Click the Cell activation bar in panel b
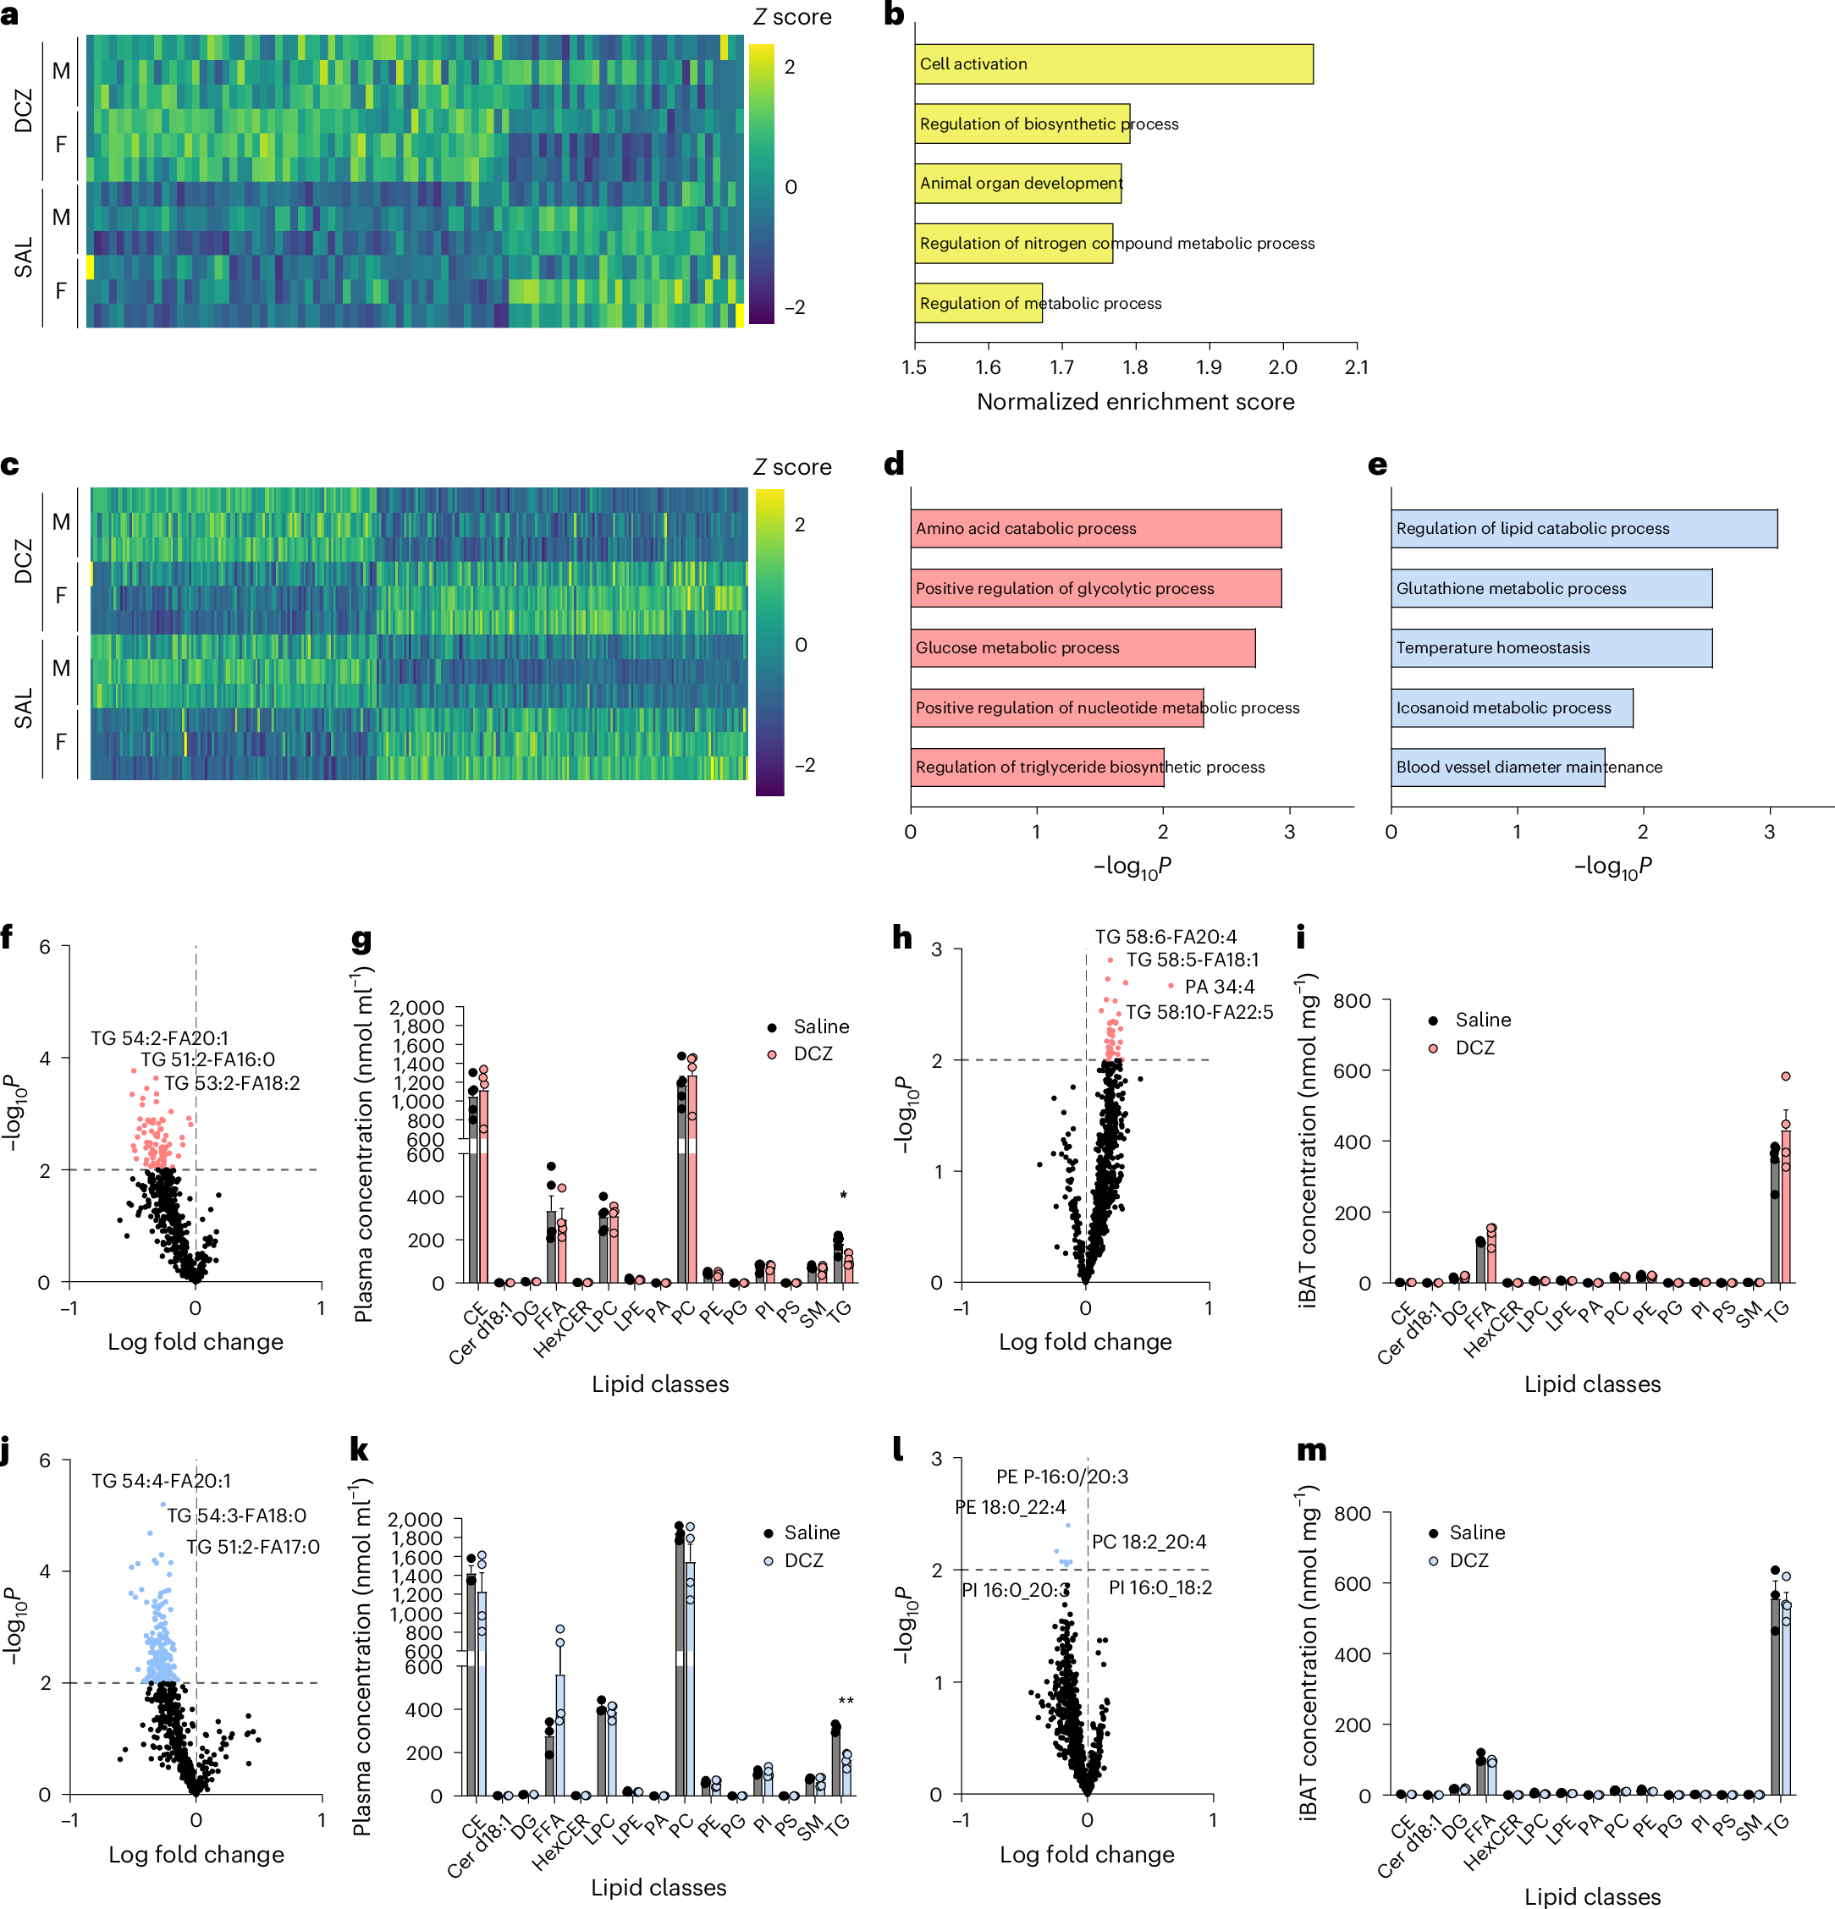point(1112,64)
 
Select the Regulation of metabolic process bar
point(978,303)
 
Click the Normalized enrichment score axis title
point(1135,401)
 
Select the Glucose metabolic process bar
point(1082,647)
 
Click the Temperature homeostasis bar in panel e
point(1551,647)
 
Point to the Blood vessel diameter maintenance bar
point(1497,767)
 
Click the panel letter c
point(10,465)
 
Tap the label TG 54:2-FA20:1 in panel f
point(160,1038)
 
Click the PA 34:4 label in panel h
point(1219,987)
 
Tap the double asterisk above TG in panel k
point(846,1703)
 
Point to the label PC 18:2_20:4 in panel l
point(1149,1542)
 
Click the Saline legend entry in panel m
point(1475,1532)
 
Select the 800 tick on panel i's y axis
point(1350,1000)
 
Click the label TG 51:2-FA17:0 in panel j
point(252,1547)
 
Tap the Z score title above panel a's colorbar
point(792,17)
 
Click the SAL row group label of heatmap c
point(24,708)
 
